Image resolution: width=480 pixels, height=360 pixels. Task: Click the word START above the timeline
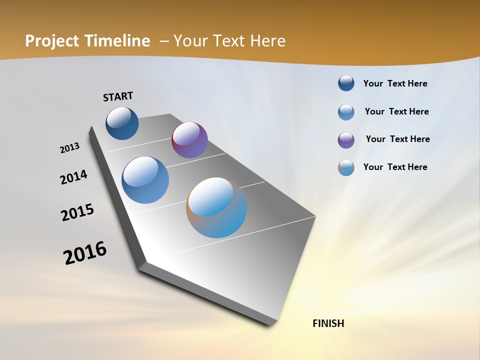pyautogui.click(x=118, y=96)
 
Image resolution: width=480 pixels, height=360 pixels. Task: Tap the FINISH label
pyautogui.click(x=328, y=323)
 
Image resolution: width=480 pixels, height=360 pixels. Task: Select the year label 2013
pyautogui.click(x=69, y=148)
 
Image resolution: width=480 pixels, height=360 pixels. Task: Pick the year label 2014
pyautogui.click(x=73, y=177)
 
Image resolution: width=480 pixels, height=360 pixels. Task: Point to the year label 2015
pyautogui.click(x=77, y=212)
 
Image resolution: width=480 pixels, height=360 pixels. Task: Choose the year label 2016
pyautogui.click(x=85, y=253)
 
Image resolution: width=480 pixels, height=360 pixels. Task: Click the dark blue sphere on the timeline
pyautogui.click(x=122, y=123)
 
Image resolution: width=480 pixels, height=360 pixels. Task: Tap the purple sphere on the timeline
pyautogui.click(x=189, y=140)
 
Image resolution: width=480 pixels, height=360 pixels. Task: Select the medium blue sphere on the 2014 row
pyautogui.click(x=145, y=180)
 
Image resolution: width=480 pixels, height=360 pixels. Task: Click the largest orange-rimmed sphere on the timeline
pyautogui.click(x=216, y=207)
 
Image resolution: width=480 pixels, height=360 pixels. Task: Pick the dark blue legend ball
pyautogui.click(x=346, y=83)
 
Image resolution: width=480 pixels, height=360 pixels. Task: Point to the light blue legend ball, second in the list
pyautogui.click(x=346, y=111)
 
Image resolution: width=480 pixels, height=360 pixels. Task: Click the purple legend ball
pyautogui.click(x=346, y=139)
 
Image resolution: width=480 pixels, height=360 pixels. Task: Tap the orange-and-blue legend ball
pyautogui.click(x=346, y=167)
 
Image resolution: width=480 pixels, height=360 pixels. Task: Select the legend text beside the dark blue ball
pyautogui.click(x=395, y=83)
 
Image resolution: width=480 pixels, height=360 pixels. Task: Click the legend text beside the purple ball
pyautogui.click(x=397, y=139)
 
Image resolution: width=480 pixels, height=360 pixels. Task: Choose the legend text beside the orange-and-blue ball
pyautogui.click(x=395, y=167)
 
